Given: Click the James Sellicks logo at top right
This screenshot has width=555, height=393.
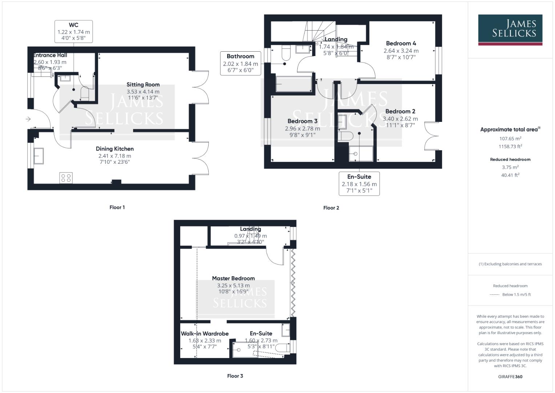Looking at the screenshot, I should click(x=510, y=29).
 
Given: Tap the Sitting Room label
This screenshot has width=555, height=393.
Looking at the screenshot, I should click(x=143, y=84).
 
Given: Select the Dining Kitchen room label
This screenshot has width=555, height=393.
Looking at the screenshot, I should click(x=114, y=148).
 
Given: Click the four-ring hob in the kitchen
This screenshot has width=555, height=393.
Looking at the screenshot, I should click(x=66, y=178).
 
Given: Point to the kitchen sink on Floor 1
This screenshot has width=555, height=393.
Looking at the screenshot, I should click(x=38, y=156).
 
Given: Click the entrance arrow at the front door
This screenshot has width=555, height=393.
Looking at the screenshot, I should click(x=28, y=119).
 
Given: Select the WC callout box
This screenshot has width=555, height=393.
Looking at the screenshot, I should click(x=73, y=31).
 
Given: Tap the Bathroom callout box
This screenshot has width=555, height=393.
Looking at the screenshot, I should click(x=240, y=63).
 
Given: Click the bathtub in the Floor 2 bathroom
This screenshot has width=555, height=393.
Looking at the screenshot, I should click(x=294, y=84).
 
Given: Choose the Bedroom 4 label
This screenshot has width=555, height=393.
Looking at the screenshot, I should click(x=401, y=43).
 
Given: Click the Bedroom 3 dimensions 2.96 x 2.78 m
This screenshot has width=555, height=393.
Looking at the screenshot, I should click(x=302, y=128).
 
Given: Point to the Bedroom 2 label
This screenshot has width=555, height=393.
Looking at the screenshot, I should click(x=400, y=111).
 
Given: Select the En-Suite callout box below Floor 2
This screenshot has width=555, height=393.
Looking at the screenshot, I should click(x=359, y=183).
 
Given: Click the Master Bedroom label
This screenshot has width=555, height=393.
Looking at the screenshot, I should click(x=233, y=278).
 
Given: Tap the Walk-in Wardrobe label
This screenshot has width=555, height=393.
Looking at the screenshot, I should click(x=205, y=333).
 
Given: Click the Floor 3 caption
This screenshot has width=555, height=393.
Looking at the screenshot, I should click(x=235, y=376).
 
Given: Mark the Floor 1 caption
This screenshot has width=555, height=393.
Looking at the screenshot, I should click(x=117, y=207).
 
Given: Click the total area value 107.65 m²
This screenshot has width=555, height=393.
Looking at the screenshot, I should click(x=510, y=139).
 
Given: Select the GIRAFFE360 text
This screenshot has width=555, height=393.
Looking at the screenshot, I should click(x=510, y=377).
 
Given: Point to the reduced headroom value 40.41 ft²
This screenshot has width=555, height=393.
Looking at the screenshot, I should click(x=510, y=175).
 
